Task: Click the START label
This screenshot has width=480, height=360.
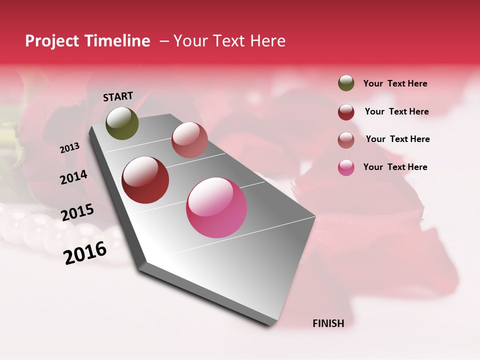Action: tap(118, 96)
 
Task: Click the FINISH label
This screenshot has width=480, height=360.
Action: tap(328, 323)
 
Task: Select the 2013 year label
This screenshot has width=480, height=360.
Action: tap(69, 148)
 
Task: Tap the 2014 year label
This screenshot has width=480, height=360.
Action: tap(73, 177)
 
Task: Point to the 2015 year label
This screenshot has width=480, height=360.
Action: tap(77, 212)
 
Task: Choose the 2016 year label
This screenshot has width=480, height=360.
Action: tap(85, 253)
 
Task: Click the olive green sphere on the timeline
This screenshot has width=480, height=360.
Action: tap(122, 123)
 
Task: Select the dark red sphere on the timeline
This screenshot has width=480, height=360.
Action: tap(145, 180)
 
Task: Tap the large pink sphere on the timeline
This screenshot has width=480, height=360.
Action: tap(216, 207)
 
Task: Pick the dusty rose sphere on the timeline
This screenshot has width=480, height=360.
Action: tap(189, 140)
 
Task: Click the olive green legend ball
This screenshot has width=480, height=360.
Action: tap(346, 83)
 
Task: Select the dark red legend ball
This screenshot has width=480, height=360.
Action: tap(346, 112)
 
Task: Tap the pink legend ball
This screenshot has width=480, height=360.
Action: tap(346, 167)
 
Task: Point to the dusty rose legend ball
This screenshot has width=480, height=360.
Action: tap(346, 140)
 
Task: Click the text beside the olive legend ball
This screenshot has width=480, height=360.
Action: tap(395, 84)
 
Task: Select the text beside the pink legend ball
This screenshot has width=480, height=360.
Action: tap(395, 167)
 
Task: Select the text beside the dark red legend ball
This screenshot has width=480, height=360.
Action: tap(396, 111)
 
